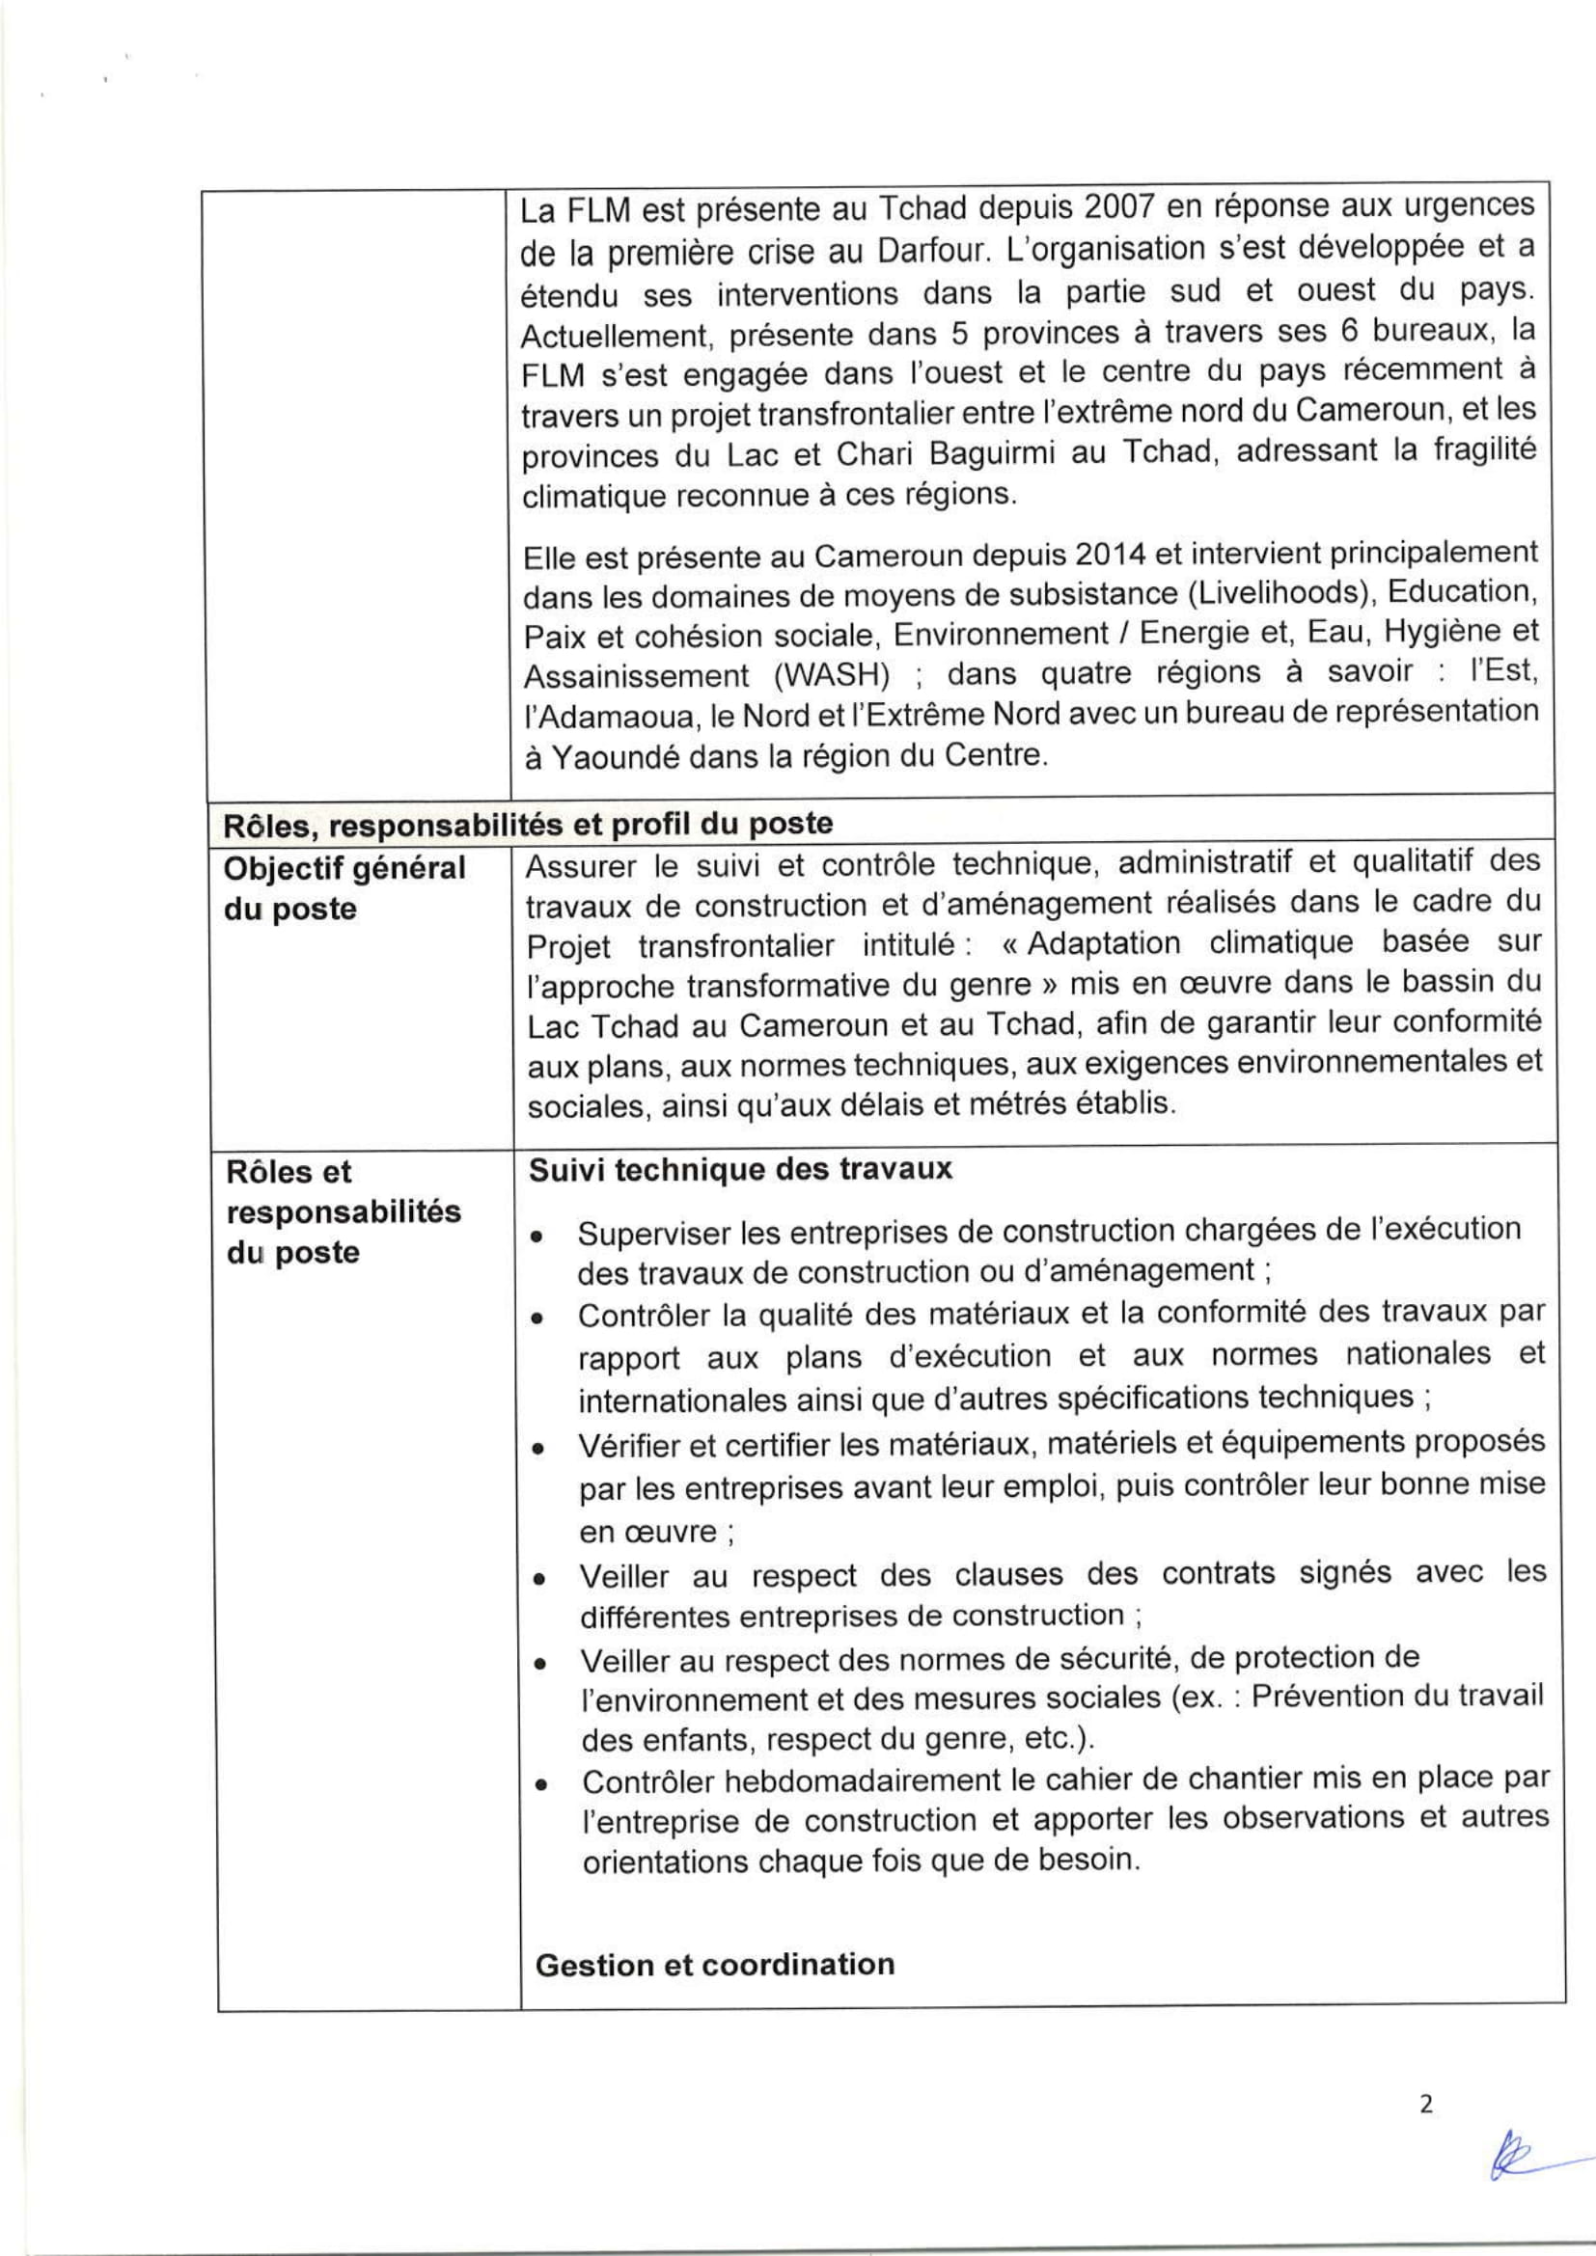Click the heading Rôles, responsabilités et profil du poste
point(528,824)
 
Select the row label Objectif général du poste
point(344,888)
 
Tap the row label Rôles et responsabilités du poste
point(343,1211)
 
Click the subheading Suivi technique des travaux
point(740,1169)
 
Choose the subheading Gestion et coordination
point(714,1964)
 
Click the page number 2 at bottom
point(1426,2131)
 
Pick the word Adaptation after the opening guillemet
point(1103,943)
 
